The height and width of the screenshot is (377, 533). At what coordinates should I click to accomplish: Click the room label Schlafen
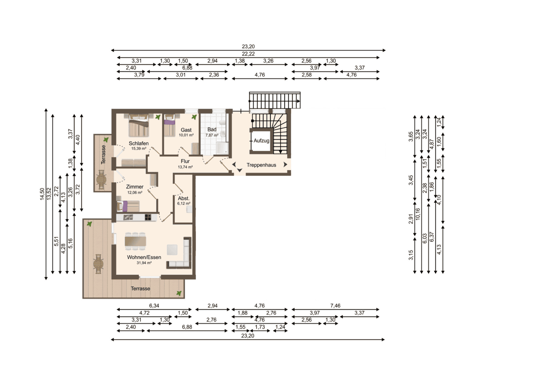click(138, 143)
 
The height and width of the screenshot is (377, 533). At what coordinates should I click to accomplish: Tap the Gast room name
click(186, 130)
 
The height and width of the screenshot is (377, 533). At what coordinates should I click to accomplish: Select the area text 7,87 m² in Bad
click(212, 135)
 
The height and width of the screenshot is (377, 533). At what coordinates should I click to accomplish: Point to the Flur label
click(185, 161)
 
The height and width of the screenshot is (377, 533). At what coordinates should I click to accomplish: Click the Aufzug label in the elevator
click(261, 141)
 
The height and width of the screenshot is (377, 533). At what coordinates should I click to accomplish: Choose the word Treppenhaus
click(261, 165)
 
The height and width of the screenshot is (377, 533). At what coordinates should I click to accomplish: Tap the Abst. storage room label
click(183, 198)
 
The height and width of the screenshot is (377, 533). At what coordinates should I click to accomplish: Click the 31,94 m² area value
click(144, 263)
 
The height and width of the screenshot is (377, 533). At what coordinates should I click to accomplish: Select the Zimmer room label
click(135, 187)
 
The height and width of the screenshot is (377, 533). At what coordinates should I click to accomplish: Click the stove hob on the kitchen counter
click(148, 217)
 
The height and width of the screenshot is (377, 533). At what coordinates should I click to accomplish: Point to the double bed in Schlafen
click(138, 126)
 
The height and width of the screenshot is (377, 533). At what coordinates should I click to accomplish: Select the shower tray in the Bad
click(222, 148)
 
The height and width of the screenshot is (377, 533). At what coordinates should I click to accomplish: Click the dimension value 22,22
click(248, 54)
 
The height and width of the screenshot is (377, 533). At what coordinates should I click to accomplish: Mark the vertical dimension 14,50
click(42, 194)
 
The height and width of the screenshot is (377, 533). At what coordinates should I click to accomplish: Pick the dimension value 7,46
click(335, 306)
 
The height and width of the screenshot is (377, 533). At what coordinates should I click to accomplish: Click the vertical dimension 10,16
click(418, 214)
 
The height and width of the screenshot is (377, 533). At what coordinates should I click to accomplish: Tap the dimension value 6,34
click(154, 306)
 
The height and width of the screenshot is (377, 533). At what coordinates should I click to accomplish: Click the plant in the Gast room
click(194, 117)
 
